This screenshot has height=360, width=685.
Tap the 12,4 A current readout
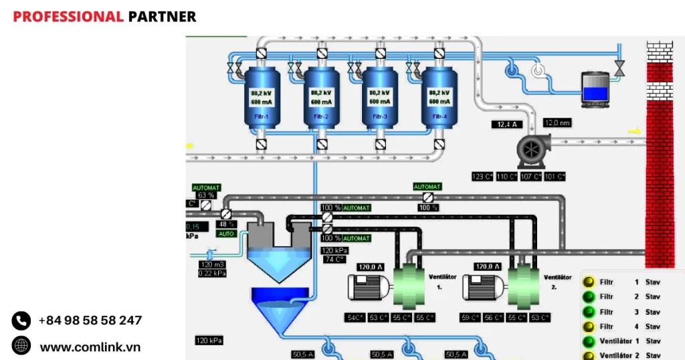coord(506,124)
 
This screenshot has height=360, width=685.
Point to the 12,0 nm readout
coord(557,123)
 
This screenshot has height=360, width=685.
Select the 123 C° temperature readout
coord(482,177)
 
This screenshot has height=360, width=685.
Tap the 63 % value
coord(205,195)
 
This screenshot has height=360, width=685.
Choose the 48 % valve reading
coord(227,224)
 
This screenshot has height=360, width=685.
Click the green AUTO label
coord(226,234)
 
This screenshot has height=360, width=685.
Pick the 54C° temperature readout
coord(355,317)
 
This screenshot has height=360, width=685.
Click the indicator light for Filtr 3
coord(589,312)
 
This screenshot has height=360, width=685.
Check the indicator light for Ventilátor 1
coord(589,341)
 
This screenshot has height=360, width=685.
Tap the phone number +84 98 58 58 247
coord(90,321)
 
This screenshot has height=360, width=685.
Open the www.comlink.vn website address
coord(90,347)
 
